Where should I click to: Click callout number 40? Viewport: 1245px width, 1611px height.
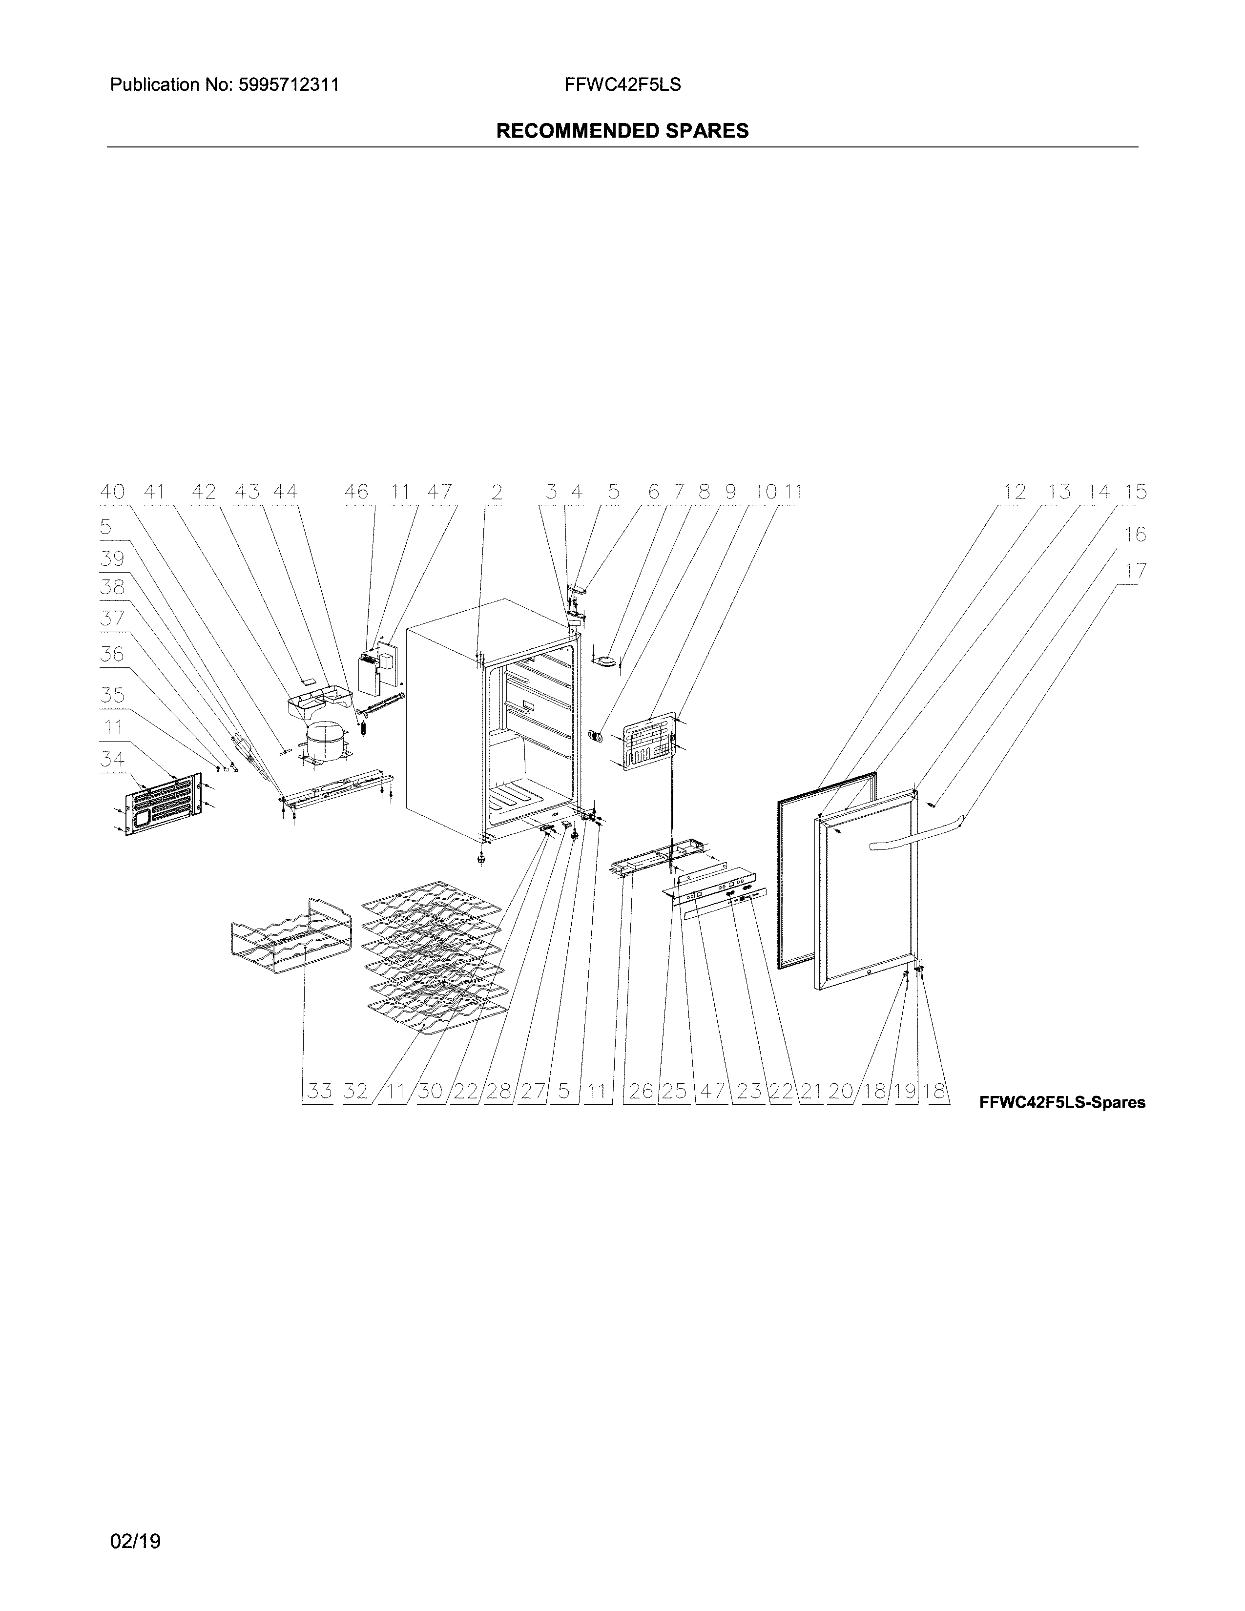(x=113, y=492)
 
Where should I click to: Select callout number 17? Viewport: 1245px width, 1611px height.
(x=1136, y=571)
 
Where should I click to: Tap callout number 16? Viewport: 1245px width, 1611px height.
(x=1136, y=534)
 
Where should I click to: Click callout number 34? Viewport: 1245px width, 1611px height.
(x=113, y=759)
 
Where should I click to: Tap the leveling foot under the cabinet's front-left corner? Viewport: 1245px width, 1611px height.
(x=481, y=857)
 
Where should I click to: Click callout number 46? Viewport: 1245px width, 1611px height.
(x=356, y=492)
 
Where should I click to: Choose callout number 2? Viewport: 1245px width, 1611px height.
(x=497, y=492)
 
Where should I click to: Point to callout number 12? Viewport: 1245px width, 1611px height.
(x=1015, y=492)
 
